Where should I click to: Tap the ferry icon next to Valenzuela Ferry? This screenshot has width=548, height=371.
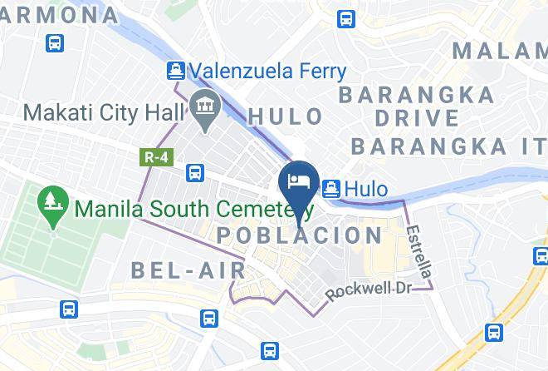175,71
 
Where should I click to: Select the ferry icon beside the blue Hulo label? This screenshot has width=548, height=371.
330,189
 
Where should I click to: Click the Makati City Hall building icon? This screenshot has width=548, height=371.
201,106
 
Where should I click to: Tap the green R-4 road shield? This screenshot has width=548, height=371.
150,156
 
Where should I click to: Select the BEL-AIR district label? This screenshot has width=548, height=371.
188,270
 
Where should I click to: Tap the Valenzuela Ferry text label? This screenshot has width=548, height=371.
267,72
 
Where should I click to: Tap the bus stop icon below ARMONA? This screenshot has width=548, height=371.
55,42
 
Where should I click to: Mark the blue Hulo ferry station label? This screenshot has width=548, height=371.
366,190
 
